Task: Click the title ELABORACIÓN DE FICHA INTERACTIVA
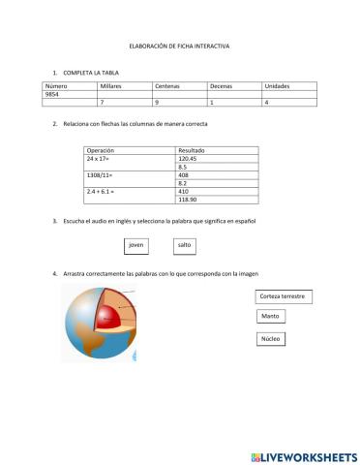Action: (179, 46)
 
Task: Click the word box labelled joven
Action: (136, 245)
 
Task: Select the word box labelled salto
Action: (185, 245)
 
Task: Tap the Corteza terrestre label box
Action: (284, 296)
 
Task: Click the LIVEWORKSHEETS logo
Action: (303, 455)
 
